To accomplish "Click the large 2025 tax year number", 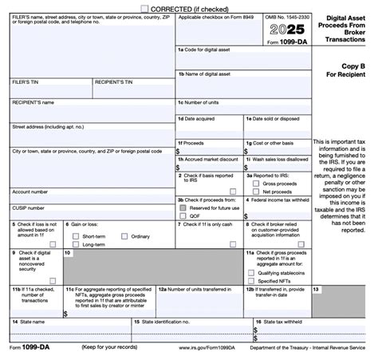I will [278, 34].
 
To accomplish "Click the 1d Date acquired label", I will [198, 118].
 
